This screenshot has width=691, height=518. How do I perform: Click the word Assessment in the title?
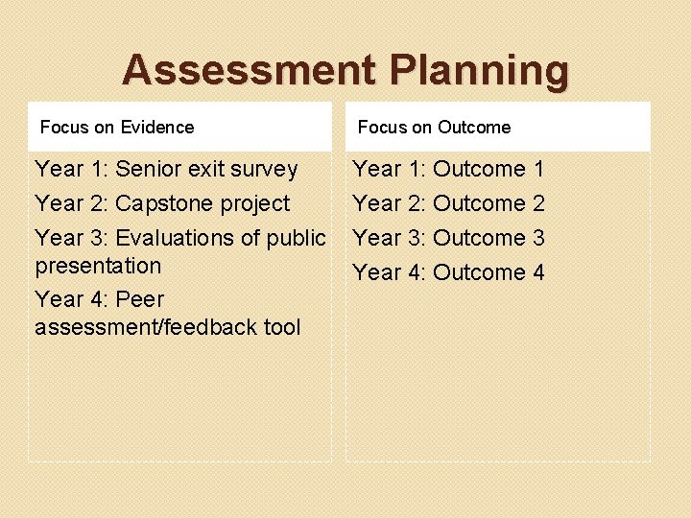[250, 71]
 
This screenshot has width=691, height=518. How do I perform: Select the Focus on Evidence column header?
[117, 128]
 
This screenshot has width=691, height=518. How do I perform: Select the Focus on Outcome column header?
[434, 128]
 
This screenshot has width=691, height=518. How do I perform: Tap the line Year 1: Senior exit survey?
[166, 170]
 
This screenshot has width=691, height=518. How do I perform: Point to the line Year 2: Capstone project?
[162, 203]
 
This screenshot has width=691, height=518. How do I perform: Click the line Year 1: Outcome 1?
[448, 170]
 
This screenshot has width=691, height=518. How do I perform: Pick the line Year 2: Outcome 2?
[448, 203]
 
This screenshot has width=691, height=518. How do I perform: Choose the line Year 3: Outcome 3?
[448, 238]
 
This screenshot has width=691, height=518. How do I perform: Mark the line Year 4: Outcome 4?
[448, 272]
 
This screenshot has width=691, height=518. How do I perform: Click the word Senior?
[148, 170]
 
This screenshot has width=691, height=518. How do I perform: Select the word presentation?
[98, 266]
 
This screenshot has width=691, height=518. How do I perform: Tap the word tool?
[282, 327]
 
